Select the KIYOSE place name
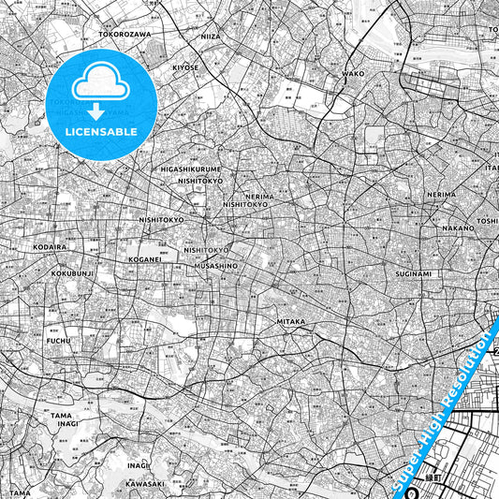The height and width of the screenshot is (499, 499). coord(185,67)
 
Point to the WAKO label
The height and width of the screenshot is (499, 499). coord(353,72)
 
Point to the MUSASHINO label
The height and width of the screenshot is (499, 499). coord(215,266)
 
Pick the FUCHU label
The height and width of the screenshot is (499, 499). coord(59,341)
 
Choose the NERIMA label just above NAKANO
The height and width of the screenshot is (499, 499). coord(441,194)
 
